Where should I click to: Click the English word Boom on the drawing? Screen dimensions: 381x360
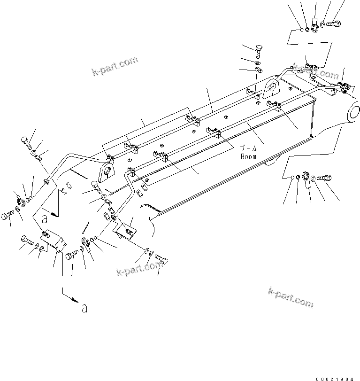coord(248,156)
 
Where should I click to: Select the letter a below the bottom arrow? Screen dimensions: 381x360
coord(84,308)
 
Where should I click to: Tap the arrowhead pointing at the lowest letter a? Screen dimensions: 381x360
coord(75,301)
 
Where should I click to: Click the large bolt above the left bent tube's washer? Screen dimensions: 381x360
coord(26,141)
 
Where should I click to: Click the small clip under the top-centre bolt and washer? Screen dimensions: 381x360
coord(259,70)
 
